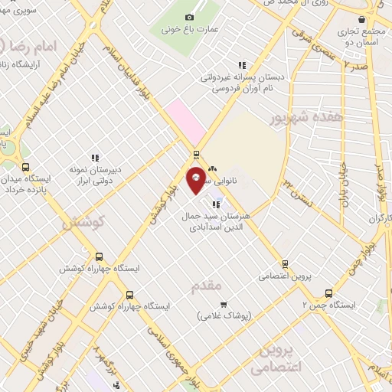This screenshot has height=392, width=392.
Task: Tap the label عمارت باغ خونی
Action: [x=191, y=30]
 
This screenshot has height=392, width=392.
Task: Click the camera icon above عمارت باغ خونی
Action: [x=190, y=17]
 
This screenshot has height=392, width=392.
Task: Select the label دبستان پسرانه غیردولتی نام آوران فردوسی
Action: [x=243, y=83]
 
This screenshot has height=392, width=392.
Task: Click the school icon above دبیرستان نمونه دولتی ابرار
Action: [x=95, y=158]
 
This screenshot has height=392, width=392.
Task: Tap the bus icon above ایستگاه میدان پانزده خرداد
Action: [x=26, y=167]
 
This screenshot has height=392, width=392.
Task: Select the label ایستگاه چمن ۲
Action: [x=332, y=305]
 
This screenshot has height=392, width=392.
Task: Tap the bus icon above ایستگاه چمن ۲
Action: [x=328, y=292]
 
